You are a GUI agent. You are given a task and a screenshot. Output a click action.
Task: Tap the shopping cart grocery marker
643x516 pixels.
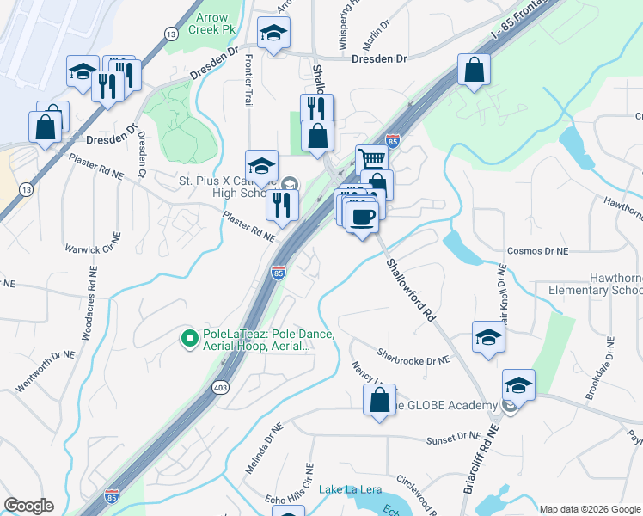pos(370,159)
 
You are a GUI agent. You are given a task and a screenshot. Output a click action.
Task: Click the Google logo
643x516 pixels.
pos(28,506)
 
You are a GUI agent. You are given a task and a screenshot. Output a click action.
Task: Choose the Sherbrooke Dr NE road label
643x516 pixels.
pos(414,356)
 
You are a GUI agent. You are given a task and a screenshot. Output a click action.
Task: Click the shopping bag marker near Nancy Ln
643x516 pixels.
pos(379,400)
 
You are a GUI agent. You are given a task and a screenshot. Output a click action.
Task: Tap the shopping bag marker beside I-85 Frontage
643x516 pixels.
pos(474,70)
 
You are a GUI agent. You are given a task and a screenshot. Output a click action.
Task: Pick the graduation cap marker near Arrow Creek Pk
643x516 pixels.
pos(274,33)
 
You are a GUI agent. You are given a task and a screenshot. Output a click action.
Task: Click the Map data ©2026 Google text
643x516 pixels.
pos(589,509)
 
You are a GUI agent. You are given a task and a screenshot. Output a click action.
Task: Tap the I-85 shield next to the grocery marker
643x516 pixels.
pos(392,140)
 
